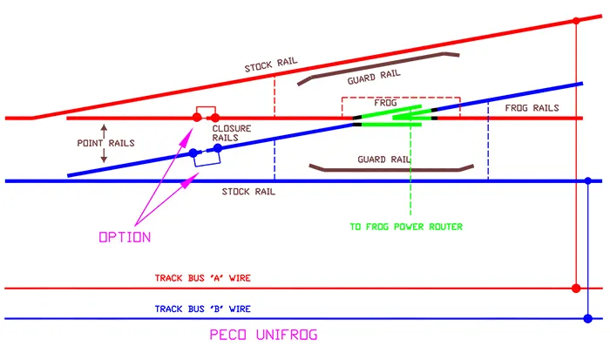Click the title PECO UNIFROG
263,336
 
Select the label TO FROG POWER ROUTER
406,227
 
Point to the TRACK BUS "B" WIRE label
203,309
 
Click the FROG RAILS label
532,108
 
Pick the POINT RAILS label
105,143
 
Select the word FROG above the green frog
386,103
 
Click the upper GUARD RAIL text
375,79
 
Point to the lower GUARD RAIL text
383,160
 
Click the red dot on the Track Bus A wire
575,288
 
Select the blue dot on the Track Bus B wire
589,318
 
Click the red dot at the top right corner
575,20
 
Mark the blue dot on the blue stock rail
589,181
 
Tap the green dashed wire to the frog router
410,174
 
